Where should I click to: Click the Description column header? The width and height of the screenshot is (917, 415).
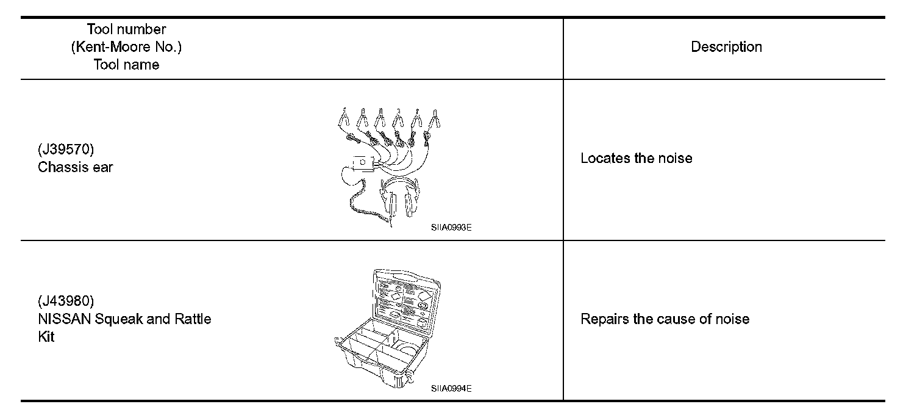coord(726,48)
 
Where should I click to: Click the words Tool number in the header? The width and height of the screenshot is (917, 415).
coord(126,29)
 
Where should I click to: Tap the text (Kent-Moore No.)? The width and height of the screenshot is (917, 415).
coord(126,47)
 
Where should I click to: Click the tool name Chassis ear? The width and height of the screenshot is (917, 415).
coord(75,167)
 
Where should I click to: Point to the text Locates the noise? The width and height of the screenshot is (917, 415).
coord(636,159)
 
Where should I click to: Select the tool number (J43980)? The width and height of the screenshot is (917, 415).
coord(66,301)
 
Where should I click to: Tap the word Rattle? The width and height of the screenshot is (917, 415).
coord(191,319)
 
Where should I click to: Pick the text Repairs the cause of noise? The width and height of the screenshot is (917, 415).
coord(665,319)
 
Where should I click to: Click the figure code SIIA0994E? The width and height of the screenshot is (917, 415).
coord(451,388)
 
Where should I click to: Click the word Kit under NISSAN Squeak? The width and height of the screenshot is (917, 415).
coord(46,337)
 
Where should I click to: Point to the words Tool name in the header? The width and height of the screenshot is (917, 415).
coord(126,65)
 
